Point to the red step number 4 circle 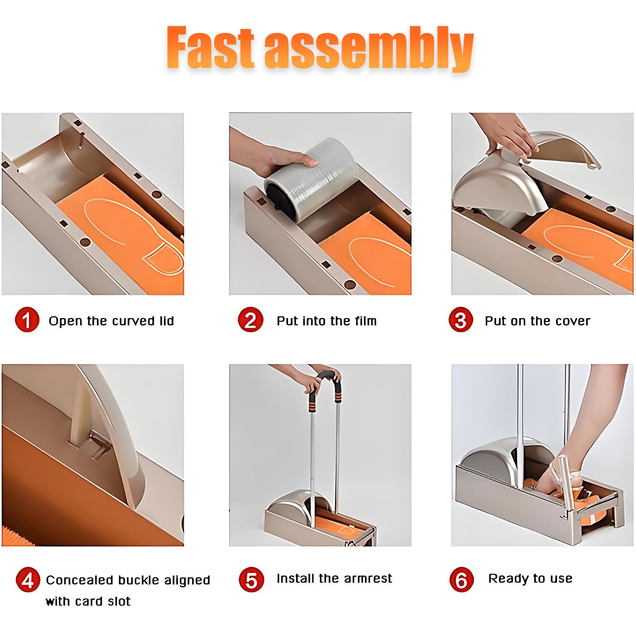click(28, 580)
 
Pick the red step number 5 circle click(251, 580)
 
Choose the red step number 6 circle click(461, 580)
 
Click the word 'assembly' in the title click(369, 48)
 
